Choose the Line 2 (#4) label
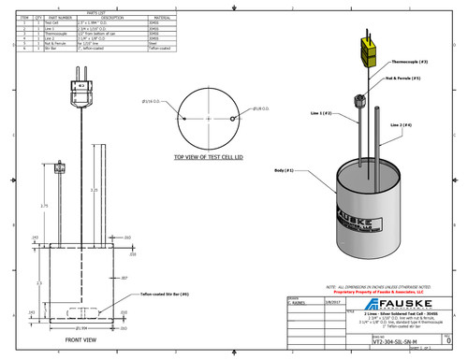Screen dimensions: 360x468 [414, 124]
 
